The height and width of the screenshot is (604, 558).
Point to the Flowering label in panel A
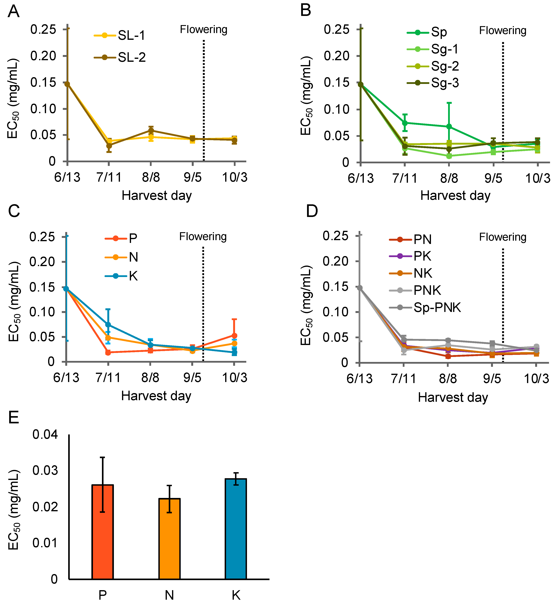[204, 30]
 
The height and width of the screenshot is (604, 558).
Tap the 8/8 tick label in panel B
[449, 178]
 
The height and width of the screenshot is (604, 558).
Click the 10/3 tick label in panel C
[235, 378]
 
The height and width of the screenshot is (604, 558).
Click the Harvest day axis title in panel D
[453, 398]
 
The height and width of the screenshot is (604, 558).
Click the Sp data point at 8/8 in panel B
[449, 126]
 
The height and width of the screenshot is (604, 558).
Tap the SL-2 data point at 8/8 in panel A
[151, 131]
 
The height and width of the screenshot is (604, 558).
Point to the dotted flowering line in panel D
[503, 305]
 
